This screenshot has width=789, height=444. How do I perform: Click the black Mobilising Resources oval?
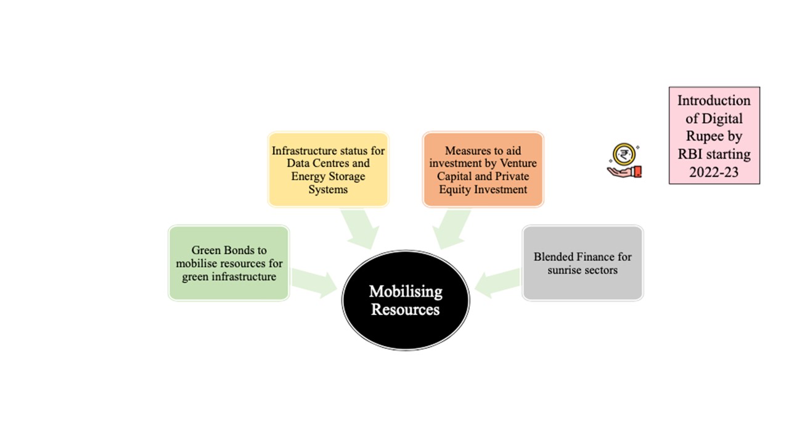pyautogui.click(x=406, y=300)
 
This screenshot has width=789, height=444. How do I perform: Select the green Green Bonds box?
pyautogui.click(x=229, y=263)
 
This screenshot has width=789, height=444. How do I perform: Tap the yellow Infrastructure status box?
pyautogui.click(x=329, y=170)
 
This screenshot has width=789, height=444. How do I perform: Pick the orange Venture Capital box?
pyautogui.click(x=483, y=170)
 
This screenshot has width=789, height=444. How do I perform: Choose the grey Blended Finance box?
pyautogui.click(x=583, y=263)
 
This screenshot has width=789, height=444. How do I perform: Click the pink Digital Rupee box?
pyautogui.click(x=714, y=136)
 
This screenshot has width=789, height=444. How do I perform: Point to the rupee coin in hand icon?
pyautogui.click(x=624, y=162)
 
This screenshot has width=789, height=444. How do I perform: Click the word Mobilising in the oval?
pyautogui.click(x=406, y=292)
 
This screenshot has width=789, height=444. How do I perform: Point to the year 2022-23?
pyautogui.click(x=714, y=172)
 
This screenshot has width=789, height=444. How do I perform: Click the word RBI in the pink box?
pyautogui.click(x=692, y=154)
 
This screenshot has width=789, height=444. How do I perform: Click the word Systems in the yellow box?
pyautogui.click(x=329, y=189)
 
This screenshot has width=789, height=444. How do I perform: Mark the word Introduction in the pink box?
pyautogui.click(x=714, y=101)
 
